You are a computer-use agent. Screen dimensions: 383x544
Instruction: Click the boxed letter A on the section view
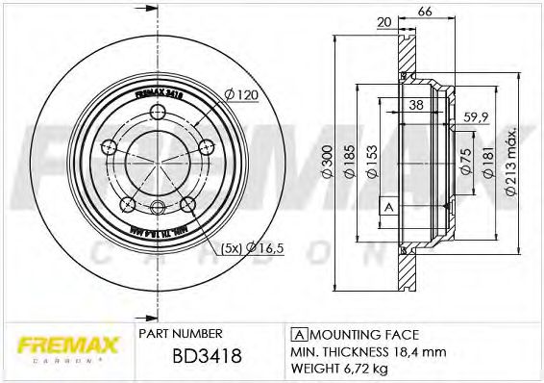click(387, 207)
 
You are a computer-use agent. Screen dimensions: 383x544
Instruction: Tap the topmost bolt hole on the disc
click(158, 113)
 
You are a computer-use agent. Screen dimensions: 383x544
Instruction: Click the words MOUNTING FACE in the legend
click(361, 335)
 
